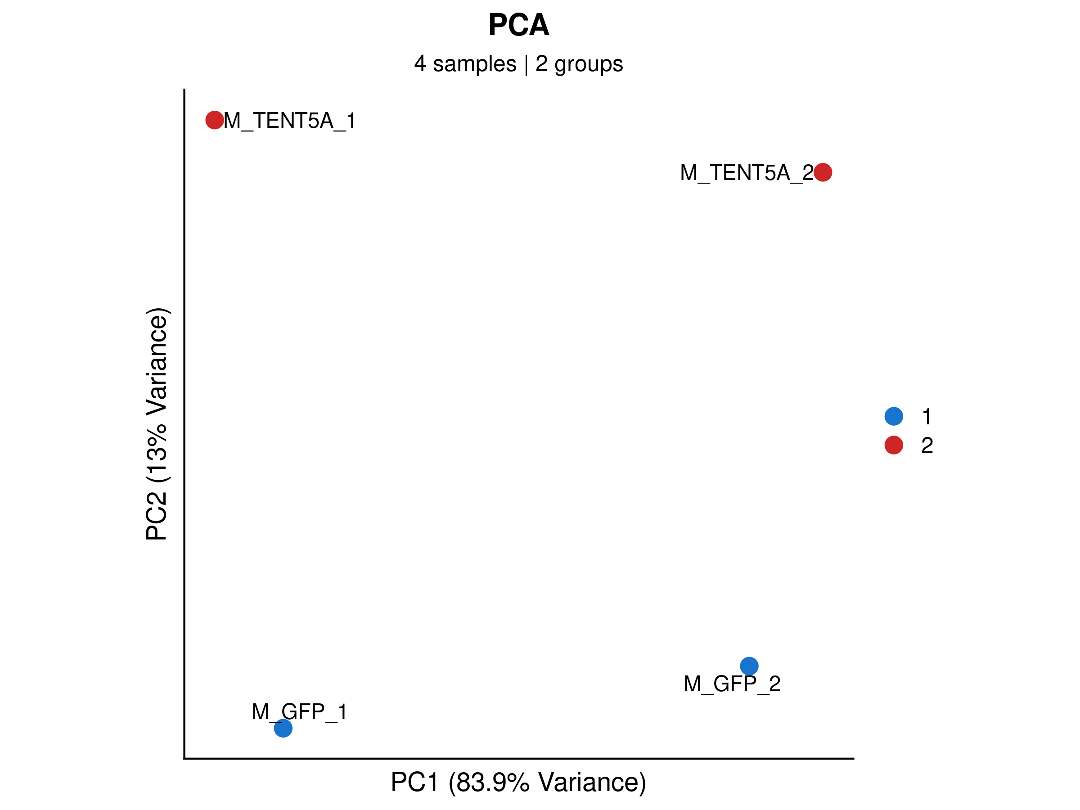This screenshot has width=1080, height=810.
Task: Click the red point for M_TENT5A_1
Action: click(215, 120)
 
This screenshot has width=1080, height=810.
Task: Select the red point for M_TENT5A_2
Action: click(823, 172)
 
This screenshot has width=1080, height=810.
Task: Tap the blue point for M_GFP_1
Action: click(283, 729)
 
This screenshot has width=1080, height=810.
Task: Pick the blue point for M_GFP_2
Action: click(749, 666)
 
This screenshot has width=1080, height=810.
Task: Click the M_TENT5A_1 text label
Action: click(289, 121)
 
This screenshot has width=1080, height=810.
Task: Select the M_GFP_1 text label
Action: click(299, 712)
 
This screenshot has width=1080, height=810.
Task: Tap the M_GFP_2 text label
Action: click(732, 684)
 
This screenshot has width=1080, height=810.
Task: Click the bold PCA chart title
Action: click(518, 25)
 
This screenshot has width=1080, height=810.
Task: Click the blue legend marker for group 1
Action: click(894, 416)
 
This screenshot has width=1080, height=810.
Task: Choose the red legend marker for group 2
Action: click(894, 445)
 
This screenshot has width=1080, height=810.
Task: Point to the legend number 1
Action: click(927, 416)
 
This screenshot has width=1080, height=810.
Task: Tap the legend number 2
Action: click(927, 445)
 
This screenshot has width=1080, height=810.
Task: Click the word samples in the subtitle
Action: click(474, 64)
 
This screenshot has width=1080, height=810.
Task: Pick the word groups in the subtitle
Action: click(588, 64)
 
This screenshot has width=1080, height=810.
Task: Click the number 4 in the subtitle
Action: click(420, 64)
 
